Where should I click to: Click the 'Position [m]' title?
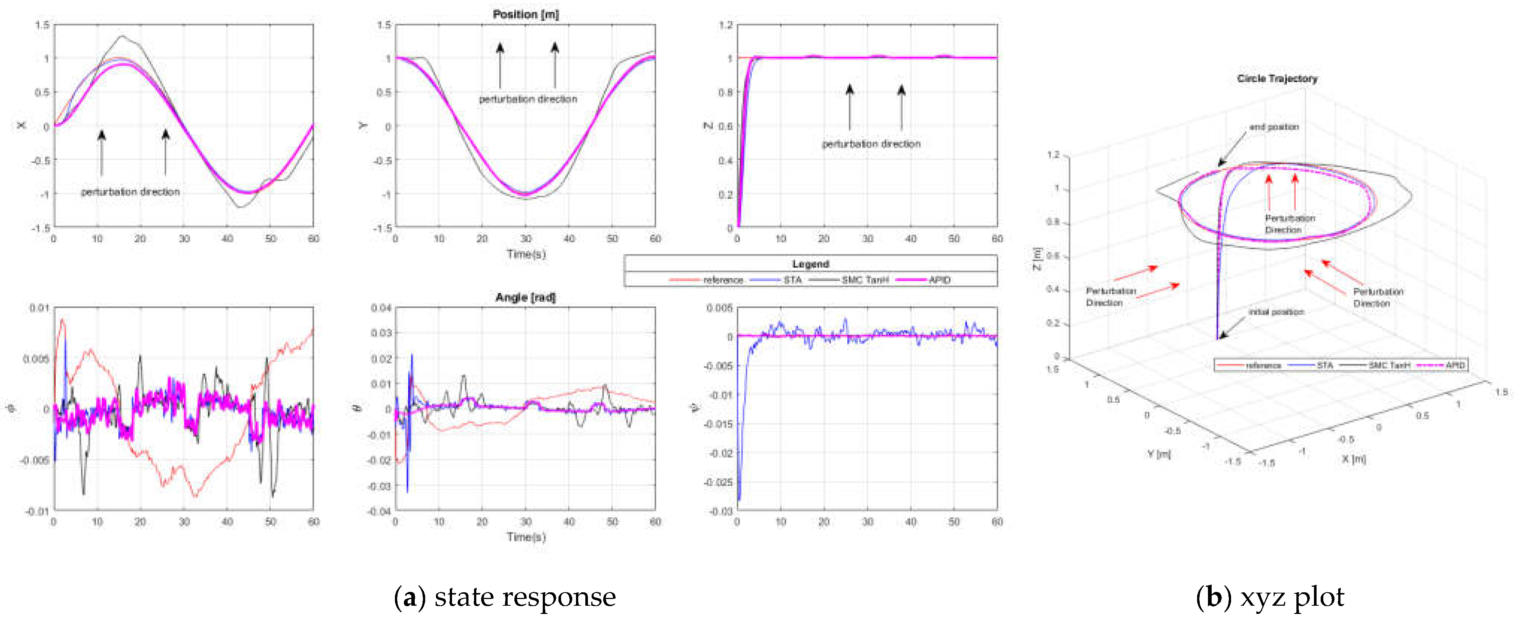(x=525, y=14)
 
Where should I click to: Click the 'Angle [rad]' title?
(x=525, y=297)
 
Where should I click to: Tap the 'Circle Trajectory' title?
(x=1277, y=78)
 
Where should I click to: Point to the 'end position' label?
(x=1274, y=127)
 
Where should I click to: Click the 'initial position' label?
(x=1276, y=311)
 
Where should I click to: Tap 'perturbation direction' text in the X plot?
(x=130, y=192)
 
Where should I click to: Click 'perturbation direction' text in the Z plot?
(x=871, y=143)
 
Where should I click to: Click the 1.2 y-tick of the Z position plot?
(x=726, y=25)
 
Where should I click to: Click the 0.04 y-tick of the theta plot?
(x=381, y=308)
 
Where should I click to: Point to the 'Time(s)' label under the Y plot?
(x=526, y=254)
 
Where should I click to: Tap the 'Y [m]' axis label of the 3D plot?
(x=1158, y=453)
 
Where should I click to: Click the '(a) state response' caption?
(x=505, y=597)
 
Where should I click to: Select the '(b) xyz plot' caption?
(x=1270, y=597)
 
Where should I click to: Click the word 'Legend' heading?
(x=810, y=263)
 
